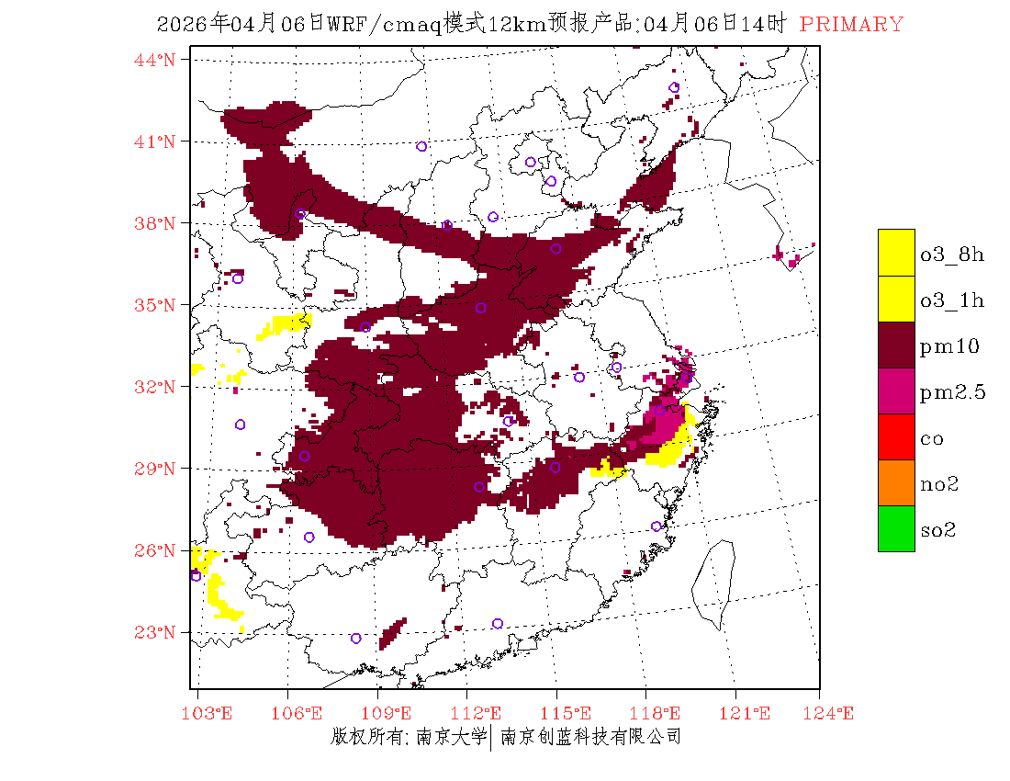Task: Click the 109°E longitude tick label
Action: [378, 713]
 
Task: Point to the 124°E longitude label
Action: [820, 713]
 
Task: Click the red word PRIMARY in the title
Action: [851, 25]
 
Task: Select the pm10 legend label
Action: [949, 346]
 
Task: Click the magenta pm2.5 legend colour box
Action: [896, 390]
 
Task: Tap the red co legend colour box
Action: [896, 436]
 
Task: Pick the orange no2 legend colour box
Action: [896, 482]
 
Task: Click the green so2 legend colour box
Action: [896, 528]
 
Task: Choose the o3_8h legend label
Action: [952, 255]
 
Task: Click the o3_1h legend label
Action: [952, 300]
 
